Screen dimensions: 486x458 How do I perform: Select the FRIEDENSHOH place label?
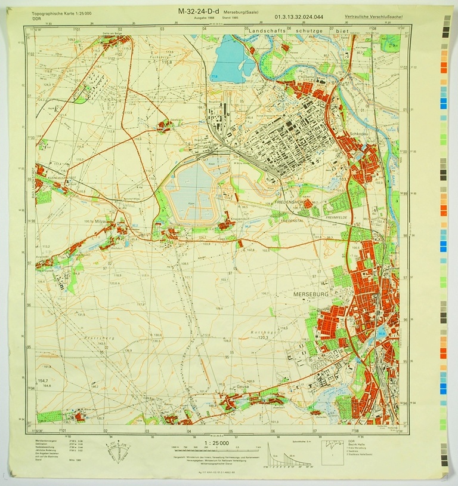coord(290,204)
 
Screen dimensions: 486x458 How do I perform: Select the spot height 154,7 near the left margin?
coord(43,380)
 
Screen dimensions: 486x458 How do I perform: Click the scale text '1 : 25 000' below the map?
coord(221,442)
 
